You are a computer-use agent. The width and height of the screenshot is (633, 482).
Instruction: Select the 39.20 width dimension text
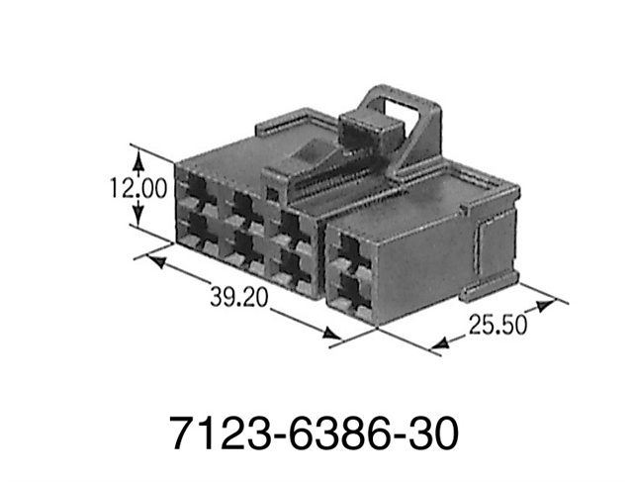point(238,296)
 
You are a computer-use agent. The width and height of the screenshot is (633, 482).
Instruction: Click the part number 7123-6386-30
point(315,433)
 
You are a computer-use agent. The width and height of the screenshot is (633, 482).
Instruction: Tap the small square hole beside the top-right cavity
point(270,194)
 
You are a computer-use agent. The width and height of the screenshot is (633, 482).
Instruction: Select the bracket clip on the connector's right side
point(490,252)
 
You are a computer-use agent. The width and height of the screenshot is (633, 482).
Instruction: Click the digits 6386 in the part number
point(315,433)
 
